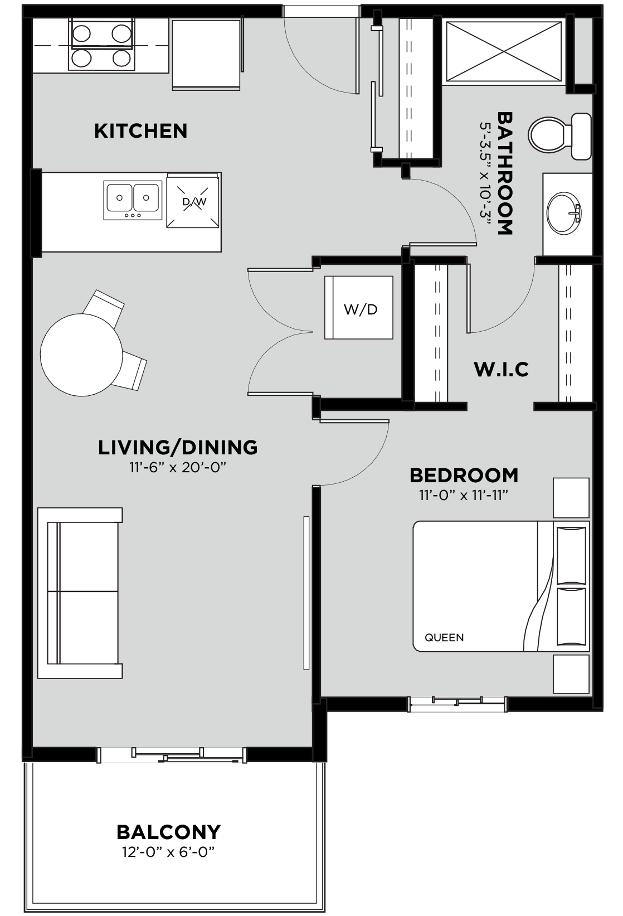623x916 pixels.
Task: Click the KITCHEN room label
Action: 140,131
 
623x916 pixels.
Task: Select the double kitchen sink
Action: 133,200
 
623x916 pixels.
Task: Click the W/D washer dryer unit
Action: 359,308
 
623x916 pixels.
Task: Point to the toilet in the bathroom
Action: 559,136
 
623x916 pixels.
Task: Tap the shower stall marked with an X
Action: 504,52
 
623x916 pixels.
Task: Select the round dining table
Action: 81,355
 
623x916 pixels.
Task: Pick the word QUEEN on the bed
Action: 444,637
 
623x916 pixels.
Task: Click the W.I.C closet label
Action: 501,369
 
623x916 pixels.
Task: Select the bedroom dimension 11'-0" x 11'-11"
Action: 463,496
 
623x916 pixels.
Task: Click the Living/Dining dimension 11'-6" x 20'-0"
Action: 178,467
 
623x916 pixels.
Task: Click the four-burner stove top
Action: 101,44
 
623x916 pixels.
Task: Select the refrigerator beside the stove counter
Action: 206,55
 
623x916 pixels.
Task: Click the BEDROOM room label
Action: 464,475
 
